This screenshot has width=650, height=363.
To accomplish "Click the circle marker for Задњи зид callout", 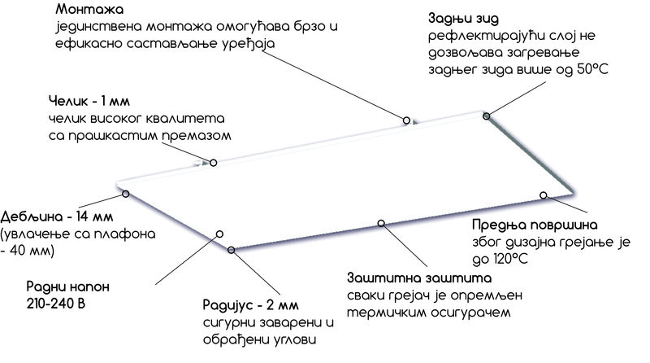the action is point(487,116).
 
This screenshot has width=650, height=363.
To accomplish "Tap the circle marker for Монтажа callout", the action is point(405,120).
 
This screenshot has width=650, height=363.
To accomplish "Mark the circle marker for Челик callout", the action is point(214,163).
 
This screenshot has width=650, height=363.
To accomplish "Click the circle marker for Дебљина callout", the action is point(126,194).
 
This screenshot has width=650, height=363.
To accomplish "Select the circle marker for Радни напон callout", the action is point(219,234).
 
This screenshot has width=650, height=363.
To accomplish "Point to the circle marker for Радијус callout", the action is point(232,250).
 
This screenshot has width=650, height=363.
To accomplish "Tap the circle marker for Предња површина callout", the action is point(544,195).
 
